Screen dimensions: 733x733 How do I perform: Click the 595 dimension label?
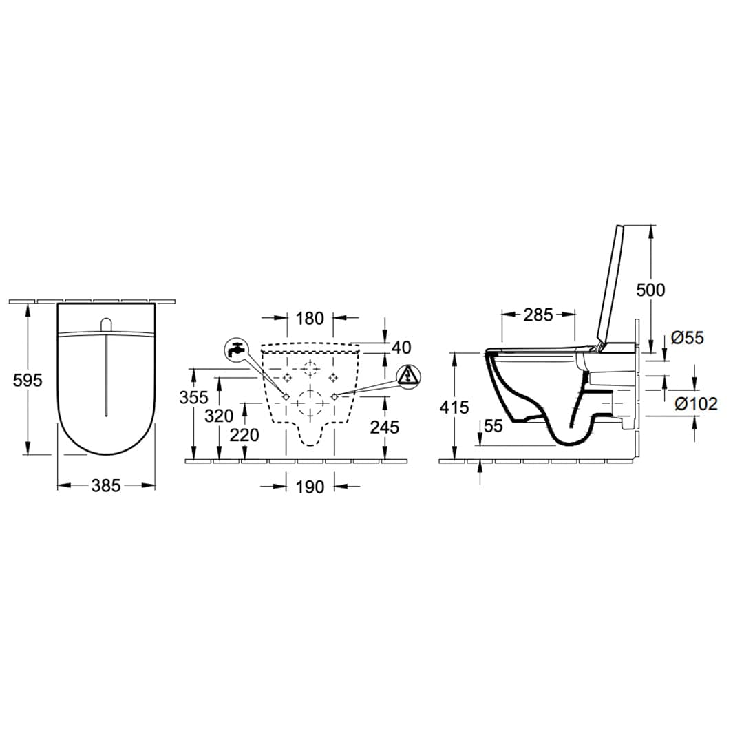pyautogui.click(x=28, y=381)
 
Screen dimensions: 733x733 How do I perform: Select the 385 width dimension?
pyautogui.click(x=106, y=486)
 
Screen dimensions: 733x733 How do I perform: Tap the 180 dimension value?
pyautogui.click(x=310, y=319)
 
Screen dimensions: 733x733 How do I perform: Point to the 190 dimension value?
pyautogui.click(x=310, y=487)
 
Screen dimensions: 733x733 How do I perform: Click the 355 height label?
pyautogui.click(x=193, y=397)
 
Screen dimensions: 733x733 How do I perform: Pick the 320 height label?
pyautogui.click(x=219, y=416)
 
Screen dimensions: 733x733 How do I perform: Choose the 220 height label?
pyautogui.click(x=244, y=435)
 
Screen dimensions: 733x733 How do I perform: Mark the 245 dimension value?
pyautogui.click(x=385, y=427)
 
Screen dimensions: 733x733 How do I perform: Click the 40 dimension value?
pyautogui.click(x=401, y=348)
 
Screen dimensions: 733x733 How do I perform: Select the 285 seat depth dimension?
pyautogui.click(x=538, y=315)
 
